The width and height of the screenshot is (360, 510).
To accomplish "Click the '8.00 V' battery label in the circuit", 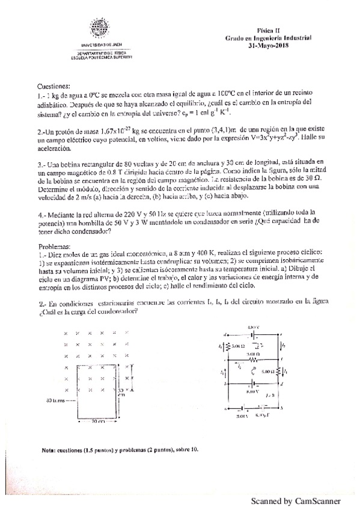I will coord(252,392).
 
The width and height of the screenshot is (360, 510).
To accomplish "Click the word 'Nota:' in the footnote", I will coord(49,449).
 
